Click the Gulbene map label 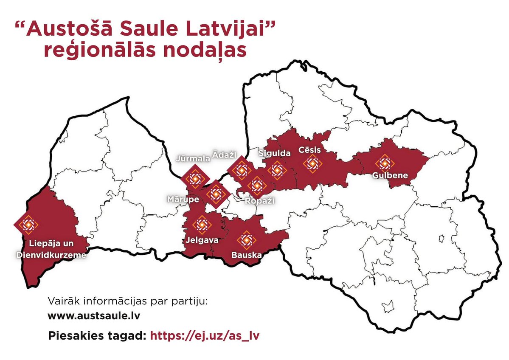point(390,175)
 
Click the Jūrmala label point(194,159)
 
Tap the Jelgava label point(202,240)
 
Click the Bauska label point(246,256)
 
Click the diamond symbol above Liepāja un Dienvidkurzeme point(29,224)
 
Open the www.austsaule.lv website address point(94,316)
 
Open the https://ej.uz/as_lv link point(205,335)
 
